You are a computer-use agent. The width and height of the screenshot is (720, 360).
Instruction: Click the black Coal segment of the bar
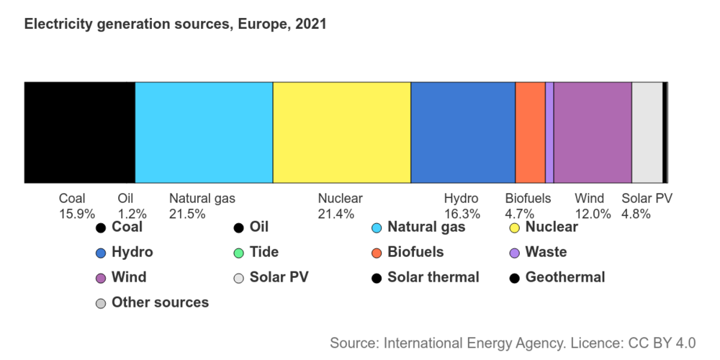pos(79,132)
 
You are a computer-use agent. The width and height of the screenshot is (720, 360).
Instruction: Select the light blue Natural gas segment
pos(204,132)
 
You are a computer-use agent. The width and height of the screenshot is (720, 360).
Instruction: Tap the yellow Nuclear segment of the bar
pos(341,132)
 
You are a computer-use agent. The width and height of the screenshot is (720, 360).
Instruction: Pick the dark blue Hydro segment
pos(462,132)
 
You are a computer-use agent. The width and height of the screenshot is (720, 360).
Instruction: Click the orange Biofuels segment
pos(530,132)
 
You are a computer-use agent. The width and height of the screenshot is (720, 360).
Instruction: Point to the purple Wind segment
pos(592,132)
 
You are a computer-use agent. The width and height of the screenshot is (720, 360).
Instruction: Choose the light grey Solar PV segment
pos(647,132)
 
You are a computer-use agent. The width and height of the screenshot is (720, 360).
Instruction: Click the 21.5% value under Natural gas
pos(187,214)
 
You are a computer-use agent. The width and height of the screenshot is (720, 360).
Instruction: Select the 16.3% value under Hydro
pos(462,214)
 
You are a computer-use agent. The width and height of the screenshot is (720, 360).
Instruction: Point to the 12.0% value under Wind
pos(593,214)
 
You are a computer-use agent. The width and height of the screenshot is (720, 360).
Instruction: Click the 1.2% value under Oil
pos(132,214)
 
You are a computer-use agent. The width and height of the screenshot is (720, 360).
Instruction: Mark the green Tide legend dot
pos(238,253)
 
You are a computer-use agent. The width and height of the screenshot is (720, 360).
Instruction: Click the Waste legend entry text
pos(546,252)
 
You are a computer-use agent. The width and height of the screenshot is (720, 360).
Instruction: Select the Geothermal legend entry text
pos(565,277)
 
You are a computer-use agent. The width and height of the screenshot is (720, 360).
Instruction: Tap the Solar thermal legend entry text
pos(433,277)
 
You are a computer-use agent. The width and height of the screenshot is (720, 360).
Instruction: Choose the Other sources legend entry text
pos(160,302)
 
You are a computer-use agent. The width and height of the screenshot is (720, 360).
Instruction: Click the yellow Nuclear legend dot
pos(514,228)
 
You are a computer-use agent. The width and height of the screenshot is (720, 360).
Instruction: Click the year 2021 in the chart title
pos(311,24)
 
